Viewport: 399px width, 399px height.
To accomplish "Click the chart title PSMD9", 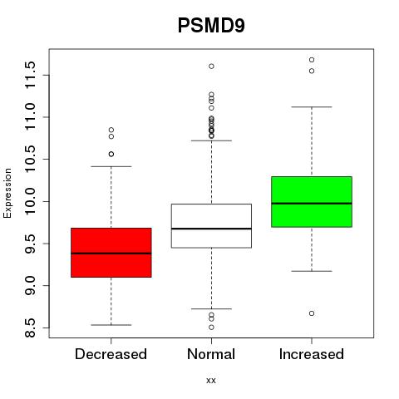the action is coord(211,26).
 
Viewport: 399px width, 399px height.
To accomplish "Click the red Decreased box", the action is coord(111,253).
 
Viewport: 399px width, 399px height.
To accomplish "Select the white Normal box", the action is coord(211,226).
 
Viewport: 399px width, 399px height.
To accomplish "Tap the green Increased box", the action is coord(312,202).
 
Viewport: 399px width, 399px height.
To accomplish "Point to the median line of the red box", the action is coord(111,254).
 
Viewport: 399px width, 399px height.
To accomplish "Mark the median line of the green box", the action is coord(312,204).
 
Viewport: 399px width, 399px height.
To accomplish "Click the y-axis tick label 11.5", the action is coord(30,75).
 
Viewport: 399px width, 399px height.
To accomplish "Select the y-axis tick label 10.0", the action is coord(30,201).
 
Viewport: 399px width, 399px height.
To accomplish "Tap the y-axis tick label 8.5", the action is coord(30,328).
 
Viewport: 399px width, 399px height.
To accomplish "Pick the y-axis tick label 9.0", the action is coord(30,286).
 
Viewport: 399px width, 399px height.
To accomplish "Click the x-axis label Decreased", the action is coord(111,354).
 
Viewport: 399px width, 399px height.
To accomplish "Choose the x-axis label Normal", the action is coord(211,354).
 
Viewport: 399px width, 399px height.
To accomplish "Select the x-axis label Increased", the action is coord(312,354).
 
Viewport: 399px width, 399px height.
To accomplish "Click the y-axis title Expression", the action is coord(7,194).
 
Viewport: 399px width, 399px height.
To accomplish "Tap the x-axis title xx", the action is coord(211,381).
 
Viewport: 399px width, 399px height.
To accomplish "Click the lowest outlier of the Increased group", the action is coord(312,313).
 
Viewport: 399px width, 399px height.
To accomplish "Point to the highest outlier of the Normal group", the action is coord(211,66).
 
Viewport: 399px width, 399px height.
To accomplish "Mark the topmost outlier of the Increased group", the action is coord(312,60).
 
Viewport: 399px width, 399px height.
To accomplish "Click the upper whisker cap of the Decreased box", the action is coord(111,166).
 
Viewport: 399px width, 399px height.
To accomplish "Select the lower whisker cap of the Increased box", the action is coord(312,271).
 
